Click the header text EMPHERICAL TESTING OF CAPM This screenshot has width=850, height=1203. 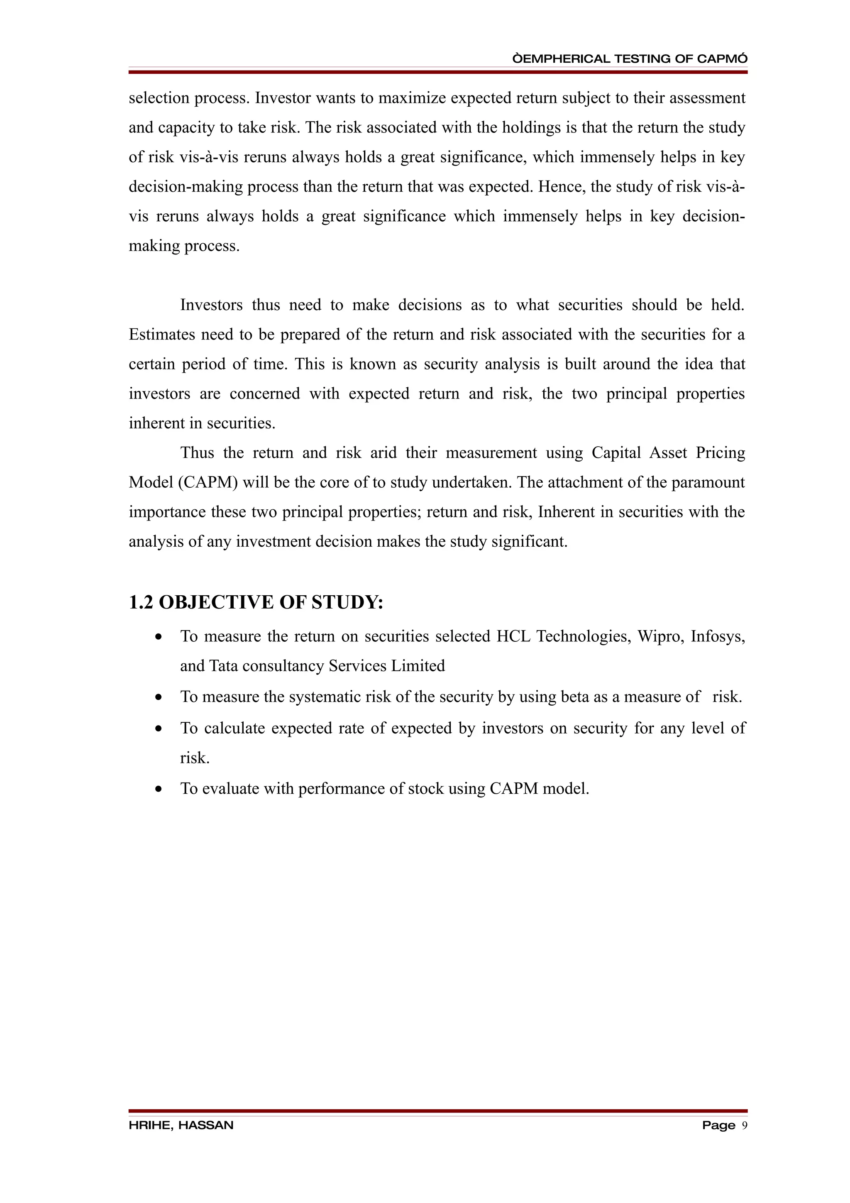pyautogui.click(x=630, y=59)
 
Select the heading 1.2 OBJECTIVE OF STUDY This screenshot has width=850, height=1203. pyautogui.click(x=256, y=603)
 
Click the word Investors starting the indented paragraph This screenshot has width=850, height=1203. pyautogui.click(x=211, y=305)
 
